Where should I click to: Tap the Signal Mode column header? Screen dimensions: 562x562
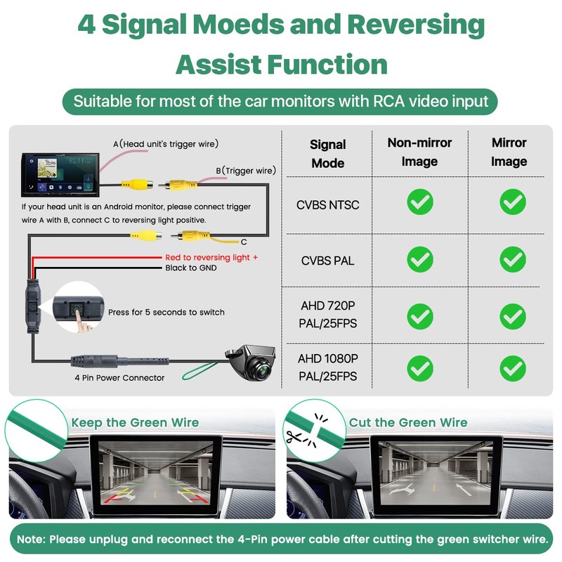(327, 153)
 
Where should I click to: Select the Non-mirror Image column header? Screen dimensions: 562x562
(419, 152)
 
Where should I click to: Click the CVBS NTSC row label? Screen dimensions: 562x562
(328, 205)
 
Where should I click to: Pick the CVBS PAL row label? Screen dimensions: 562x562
(328, 261)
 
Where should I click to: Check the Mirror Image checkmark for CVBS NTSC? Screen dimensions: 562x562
(512, 202)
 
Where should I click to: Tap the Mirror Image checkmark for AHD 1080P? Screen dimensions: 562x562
(512, 367)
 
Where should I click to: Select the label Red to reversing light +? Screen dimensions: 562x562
(211, 258)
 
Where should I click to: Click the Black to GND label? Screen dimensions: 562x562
(191, 268)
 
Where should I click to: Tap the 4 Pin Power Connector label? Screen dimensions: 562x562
(119, 378)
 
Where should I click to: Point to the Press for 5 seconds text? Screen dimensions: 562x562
(166, 312)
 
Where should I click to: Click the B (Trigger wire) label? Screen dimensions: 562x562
(245, 170)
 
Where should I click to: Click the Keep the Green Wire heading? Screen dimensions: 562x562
(135, 422)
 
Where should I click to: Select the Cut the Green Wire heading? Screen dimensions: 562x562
(408, 422)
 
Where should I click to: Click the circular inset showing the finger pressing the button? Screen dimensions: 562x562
(75, 307)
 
